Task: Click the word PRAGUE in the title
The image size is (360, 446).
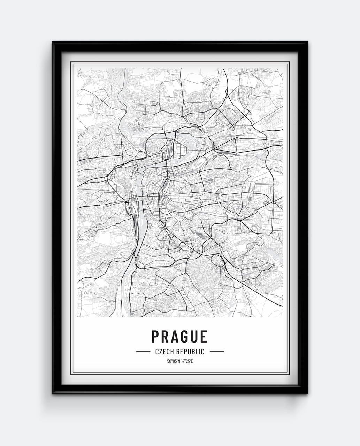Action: click(179, 337)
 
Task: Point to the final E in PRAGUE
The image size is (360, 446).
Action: click(204, 337)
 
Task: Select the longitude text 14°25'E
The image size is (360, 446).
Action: click(186, 361)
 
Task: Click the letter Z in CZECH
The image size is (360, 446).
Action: click(160, 352)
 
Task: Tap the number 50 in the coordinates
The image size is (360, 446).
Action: click(169, 361)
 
